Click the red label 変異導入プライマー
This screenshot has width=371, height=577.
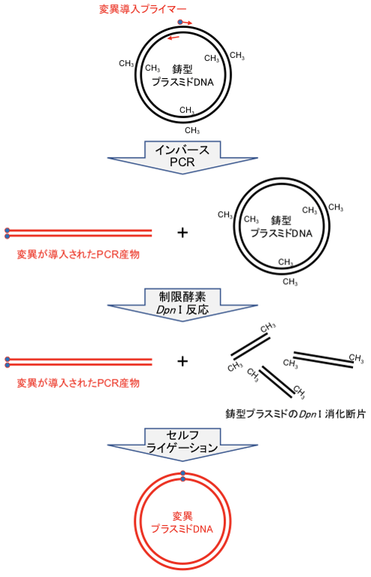pos(143,9)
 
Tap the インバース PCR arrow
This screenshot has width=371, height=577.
pos(182,157)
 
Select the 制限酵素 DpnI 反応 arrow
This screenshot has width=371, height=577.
pos(182,304)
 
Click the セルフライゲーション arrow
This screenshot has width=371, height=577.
pos(182,444)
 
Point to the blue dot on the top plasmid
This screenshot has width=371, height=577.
pos(179,22)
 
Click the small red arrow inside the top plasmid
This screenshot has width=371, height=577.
pos(173,38)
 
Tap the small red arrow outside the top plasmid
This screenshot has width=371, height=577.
pos(188,23)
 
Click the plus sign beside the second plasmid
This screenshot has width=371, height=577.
pos(182,232)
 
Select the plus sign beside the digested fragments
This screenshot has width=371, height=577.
pos(182,361)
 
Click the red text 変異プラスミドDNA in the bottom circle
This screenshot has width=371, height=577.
pos(182,523)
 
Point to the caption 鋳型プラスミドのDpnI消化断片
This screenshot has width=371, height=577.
pos(295,414)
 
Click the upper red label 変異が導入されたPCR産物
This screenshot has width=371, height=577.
pos(78,254)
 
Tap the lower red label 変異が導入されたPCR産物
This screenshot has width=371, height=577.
pos(78,383)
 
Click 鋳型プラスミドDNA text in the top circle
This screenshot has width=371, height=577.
pos(182,75)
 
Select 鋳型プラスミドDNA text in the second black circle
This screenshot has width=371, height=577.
pos(282,227)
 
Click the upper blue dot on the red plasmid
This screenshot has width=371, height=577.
pos(182,473)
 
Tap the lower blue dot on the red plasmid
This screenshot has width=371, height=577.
pos(182,479)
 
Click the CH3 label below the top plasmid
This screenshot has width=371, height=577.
pos(192,130)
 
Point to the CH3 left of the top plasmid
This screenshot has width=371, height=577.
pos(126,64)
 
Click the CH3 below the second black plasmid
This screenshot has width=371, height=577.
pos(290,282)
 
